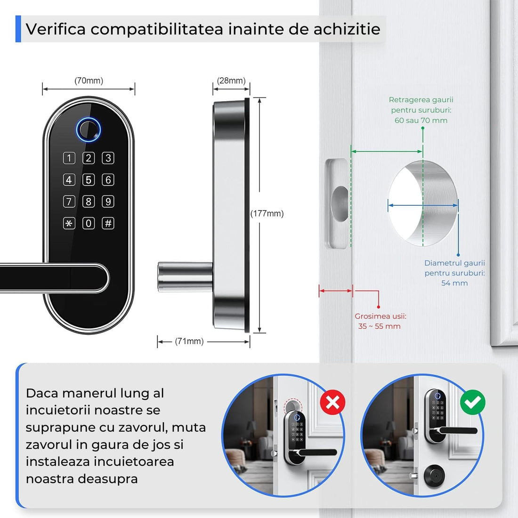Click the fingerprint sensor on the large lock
89,129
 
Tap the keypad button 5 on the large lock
89,180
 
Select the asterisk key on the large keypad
69,223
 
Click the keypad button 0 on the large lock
89,223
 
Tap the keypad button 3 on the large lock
108,158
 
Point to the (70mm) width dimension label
89,81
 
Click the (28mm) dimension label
231,81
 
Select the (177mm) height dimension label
267,213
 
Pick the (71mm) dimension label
189,341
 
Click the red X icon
332,402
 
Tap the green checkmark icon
473,402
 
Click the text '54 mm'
454,283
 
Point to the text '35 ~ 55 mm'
379,326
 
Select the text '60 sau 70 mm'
421,121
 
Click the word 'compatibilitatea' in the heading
157,29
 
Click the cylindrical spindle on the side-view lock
185,277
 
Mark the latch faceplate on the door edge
337,203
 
